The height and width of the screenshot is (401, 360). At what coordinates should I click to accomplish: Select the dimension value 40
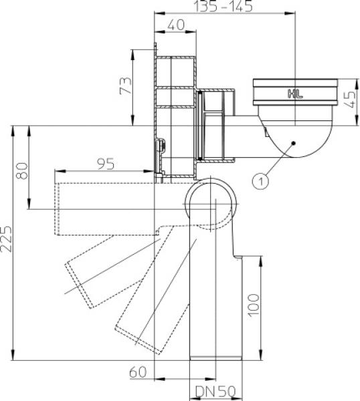click(x=175, y=25)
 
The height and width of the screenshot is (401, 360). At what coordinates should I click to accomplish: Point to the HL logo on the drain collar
click(x=294, y=94)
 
